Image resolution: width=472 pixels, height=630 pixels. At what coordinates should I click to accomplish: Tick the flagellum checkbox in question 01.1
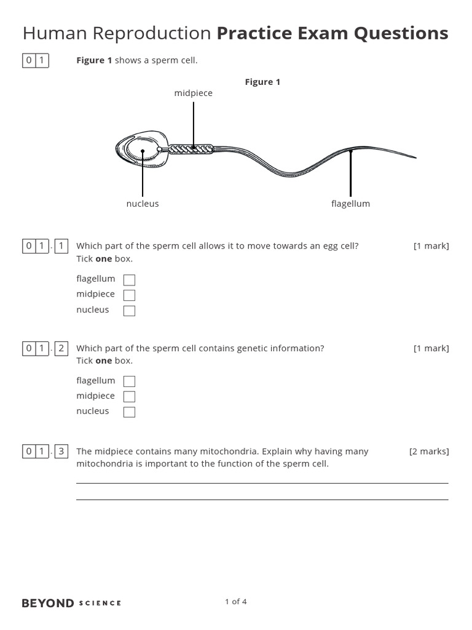(x=129, y=280)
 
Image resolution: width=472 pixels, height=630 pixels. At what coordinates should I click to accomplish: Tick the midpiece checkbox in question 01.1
(x=129, y=295)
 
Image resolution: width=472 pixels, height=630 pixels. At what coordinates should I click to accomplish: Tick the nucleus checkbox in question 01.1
(x=129, y=311)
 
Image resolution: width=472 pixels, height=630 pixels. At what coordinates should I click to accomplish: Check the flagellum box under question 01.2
(x=129, y=381)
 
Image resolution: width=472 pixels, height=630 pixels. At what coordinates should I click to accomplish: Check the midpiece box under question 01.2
(x=129, y=397)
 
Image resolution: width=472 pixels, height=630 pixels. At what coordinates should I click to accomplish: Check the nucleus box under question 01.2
(x=129, y=412)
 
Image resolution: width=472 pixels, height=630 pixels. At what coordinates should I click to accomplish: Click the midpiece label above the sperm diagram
(x=193, y=93)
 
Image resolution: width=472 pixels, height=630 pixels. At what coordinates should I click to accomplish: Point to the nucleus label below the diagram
(x=143, y=204)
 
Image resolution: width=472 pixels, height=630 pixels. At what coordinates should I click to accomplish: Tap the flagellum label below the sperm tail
(x=350, y=204)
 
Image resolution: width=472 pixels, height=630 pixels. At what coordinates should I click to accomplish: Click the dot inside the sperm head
(x=143, y=151)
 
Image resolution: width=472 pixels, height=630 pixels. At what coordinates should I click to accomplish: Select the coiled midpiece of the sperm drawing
(x=191, y=149)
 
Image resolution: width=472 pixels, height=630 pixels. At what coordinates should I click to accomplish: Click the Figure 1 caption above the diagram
(x=262, y=82)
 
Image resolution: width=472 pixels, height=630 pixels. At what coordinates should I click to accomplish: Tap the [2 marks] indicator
(x=429, y=451)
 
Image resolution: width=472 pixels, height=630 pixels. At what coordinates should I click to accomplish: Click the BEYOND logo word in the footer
(x=48, y=603)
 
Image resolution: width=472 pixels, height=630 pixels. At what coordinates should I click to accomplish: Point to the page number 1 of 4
(x=236, y=602)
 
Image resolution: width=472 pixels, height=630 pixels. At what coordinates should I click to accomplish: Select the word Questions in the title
(x=403, y=33)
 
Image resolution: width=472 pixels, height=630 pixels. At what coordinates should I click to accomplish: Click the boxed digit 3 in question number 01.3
(x=61, y=452)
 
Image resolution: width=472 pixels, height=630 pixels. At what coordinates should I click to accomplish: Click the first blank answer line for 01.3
(x=262, y=483)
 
